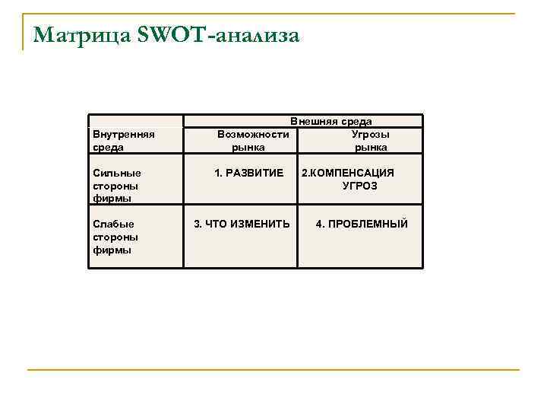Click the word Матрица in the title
[79, 36]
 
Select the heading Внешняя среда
[331, 121]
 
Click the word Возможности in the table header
[253, 134]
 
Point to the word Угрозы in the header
[370, 134]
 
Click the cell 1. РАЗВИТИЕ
[248, 173]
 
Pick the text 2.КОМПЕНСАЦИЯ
[348, 173]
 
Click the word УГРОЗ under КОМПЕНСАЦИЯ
[359, 186]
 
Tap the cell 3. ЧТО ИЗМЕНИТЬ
[242, 224]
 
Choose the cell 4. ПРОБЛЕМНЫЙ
[362, 224]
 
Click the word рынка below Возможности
[248, 147]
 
